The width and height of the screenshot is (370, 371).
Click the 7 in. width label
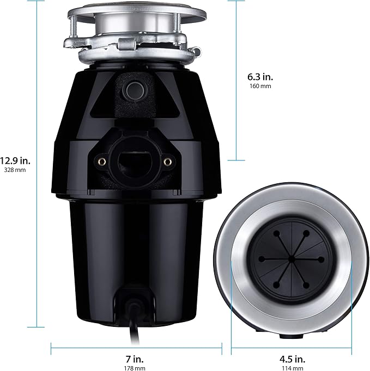pos(136,358)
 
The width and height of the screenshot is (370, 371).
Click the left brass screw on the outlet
pos(101,161)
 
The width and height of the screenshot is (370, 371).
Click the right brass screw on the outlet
pos(168,161)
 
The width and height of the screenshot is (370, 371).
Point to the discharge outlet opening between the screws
pos(134,161)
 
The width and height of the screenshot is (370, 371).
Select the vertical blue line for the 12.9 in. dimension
pos(36,163)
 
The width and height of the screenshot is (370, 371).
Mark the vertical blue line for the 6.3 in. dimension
pos(236,82)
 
